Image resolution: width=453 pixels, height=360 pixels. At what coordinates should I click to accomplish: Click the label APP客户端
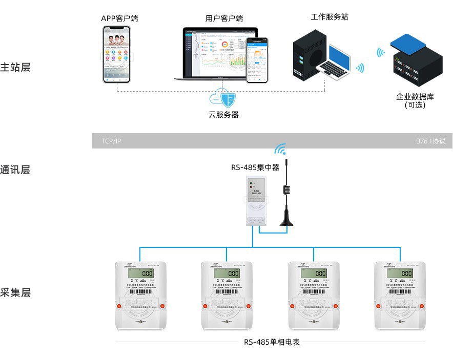point(119,18)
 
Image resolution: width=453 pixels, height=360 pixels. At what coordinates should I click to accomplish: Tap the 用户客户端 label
point(224,18)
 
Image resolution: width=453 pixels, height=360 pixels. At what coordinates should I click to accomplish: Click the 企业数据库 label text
point(415,97)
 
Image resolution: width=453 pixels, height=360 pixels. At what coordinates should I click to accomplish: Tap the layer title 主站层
point(15,67)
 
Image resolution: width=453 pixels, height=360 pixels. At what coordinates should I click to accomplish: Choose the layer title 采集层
point(15,292)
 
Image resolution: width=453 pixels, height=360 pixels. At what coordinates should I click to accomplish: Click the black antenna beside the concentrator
point(286,195)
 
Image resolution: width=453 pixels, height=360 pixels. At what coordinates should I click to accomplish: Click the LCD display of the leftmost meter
point(141,273)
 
